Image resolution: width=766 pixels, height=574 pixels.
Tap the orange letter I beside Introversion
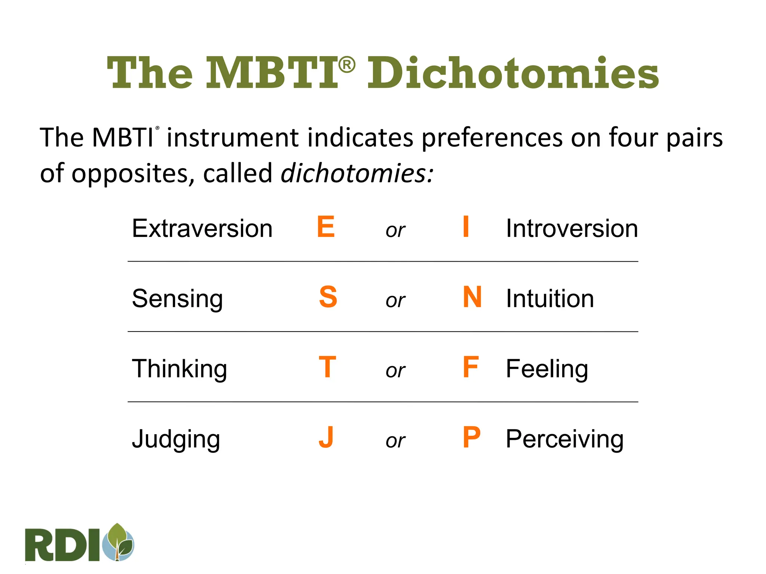[466, 226]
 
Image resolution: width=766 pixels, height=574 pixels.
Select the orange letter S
[328, 297]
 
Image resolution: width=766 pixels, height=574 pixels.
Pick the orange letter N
[472, 297]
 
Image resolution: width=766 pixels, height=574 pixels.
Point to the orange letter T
[327, 367]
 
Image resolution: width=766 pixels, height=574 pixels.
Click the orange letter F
[471, 367]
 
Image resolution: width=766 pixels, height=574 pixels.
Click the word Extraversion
[202, 228]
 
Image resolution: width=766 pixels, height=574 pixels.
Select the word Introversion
[572, 228]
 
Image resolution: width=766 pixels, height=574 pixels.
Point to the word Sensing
[177, 299]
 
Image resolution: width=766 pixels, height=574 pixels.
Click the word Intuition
[550, 299]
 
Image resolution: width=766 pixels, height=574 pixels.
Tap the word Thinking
[180, 369]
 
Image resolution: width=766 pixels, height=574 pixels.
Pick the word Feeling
[547, 369]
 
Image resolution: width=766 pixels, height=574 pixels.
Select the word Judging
[176, 439]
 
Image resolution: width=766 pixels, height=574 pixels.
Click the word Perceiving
[564, 439]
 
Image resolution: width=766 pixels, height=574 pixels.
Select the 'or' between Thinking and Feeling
[395, 370]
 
